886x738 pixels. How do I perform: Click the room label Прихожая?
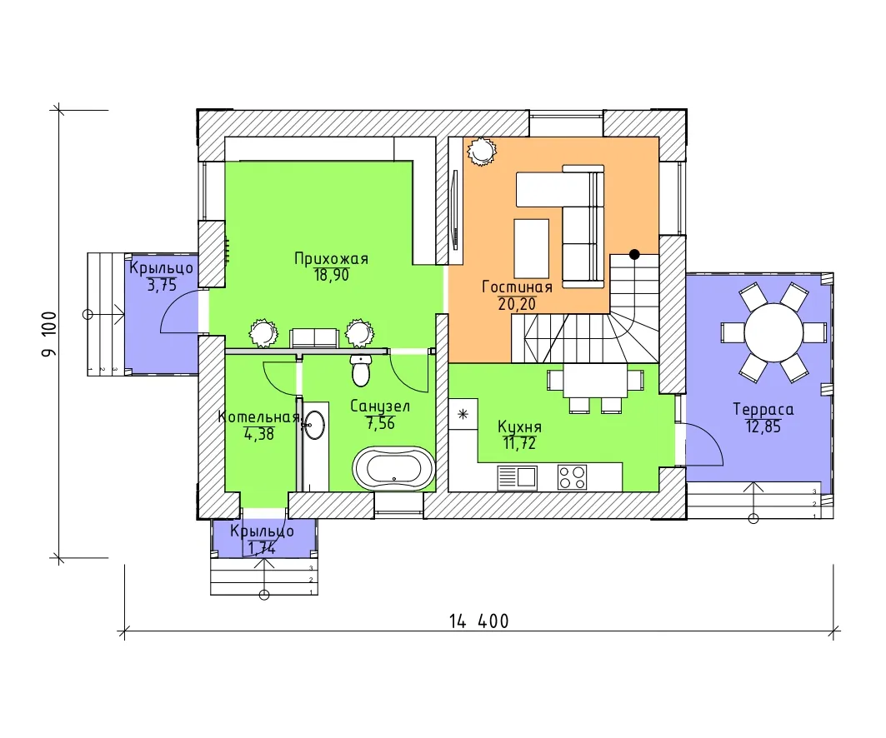pos(331,258)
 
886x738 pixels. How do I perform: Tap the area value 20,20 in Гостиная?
pos(517,304)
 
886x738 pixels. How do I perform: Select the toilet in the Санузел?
pos(361,370)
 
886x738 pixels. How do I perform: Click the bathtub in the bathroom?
pos(393,469)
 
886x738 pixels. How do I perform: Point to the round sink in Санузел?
pos(315,424)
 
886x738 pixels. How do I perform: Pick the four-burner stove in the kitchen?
pos(572,477)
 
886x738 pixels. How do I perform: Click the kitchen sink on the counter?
pos(517,477)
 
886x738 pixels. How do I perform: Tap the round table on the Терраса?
pos(773,332)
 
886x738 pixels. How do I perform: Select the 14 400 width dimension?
pos(479,621)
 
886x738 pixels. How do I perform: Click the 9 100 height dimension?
pos(49,334)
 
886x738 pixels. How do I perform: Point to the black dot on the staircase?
pos(634,255)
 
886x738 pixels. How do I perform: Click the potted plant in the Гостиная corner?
pos(482,152)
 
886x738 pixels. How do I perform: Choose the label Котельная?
pos(258,417)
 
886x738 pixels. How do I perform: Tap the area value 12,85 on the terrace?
pos(763,426)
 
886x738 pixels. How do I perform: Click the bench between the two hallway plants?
pos(313,338)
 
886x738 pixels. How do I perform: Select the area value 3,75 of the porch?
pos(162,285)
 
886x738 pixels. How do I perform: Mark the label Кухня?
pos(520,426)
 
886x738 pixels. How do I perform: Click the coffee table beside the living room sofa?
pos(531,249)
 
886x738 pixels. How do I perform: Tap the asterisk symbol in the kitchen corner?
pos(463,415)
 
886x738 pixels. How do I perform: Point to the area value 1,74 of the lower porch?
pos(262,548)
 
